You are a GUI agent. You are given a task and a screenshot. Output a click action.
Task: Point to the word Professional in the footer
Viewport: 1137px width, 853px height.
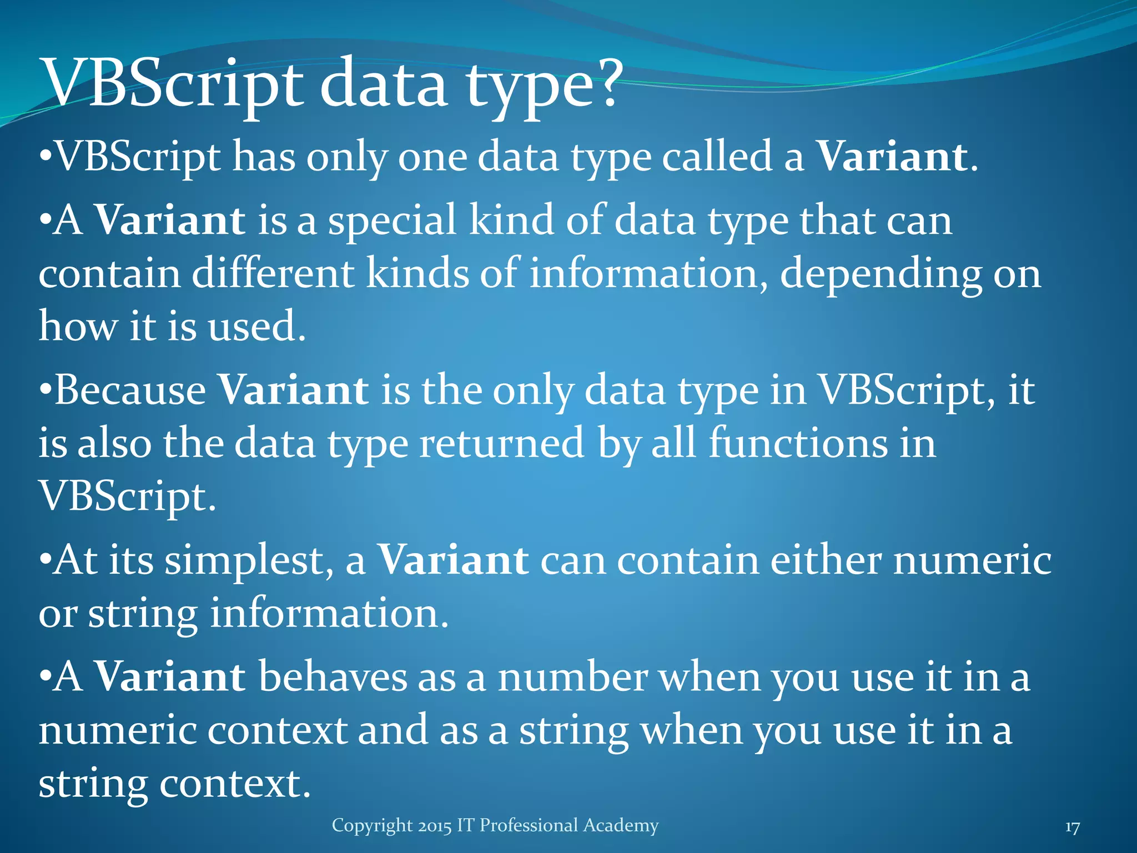[x=521, y=825]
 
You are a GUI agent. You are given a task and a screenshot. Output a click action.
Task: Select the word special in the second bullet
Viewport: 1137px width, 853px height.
[x=392, y=220]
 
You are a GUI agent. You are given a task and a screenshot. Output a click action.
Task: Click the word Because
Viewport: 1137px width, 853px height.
[x=130, y=390]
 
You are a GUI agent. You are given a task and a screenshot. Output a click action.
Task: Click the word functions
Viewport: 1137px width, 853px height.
[x=798, y=443]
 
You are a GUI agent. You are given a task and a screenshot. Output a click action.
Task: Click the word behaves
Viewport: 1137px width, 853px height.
[x=333, y=677]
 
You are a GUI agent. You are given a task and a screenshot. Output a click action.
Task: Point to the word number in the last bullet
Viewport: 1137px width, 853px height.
[x=572, y=677]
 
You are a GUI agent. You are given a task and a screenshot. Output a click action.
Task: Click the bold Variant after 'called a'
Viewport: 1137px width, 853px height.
[x=893, y=157]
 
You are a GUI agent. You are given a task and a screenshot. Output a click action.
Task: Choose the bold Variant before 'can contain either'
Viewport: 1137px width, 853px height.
[x=453, y=560]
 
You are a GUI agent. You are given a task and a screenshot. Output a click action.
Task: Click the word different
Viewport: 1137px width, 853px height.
[x=273, y=273]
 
